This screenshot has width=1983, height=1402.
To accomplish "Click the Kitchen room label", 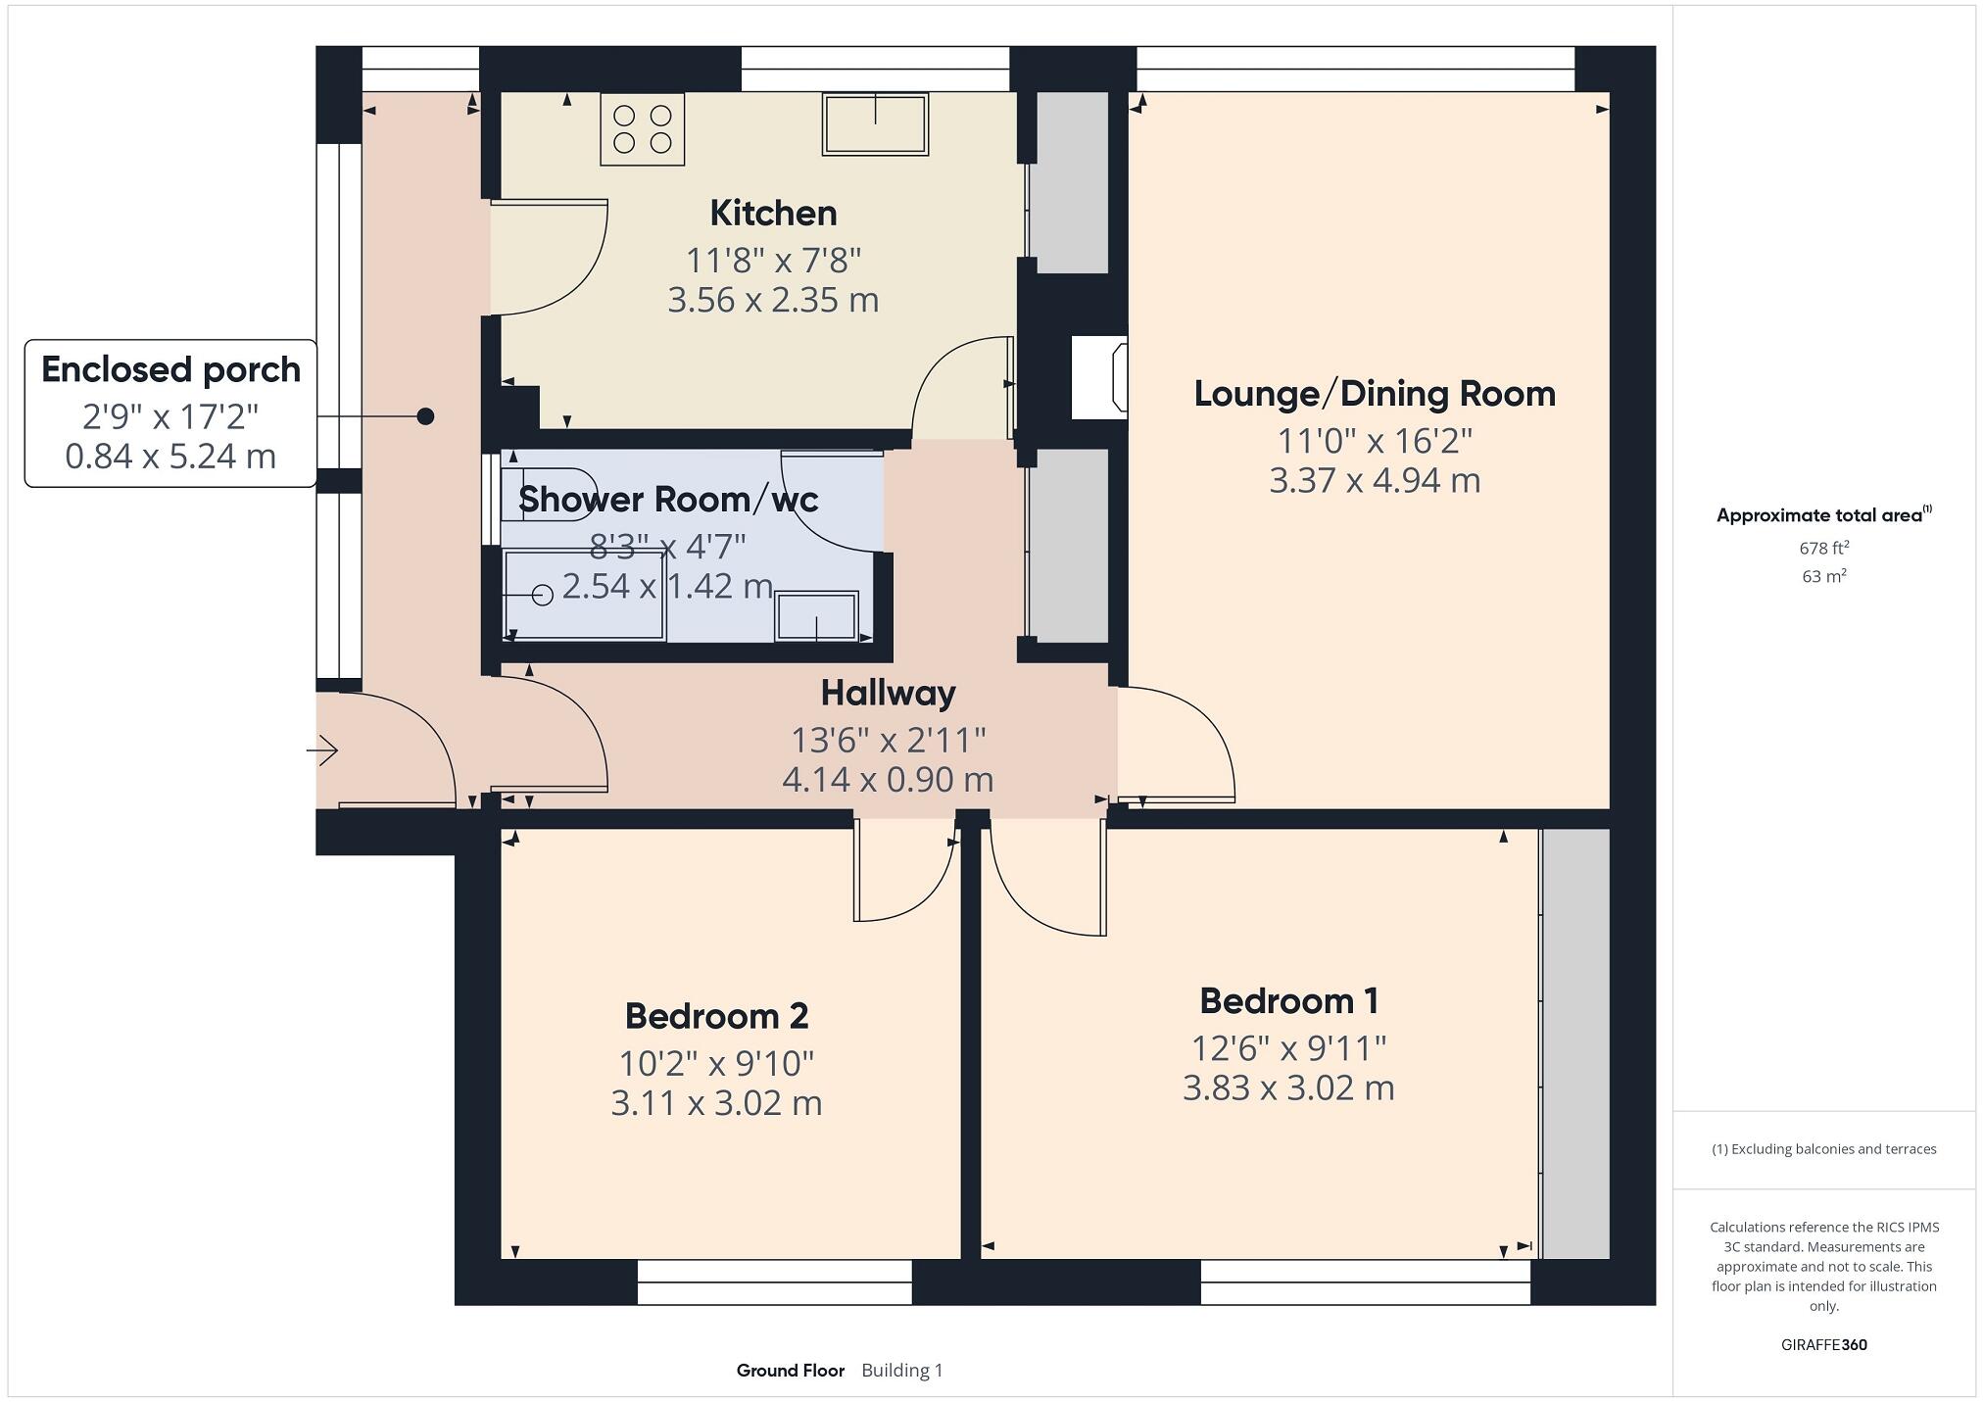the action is click(x=773, y=214).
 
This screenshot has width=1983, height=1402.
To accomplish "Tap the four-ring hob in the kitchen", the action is click(x=643, y=129).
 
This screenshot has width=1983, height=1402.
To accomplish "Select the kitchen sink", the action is click(x=875, y=124).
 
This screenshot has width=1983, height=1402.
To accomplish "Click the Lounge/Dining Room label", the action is click(x=1375, y=394).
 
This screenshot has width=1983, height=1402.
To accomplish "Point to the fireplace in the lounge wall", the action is click(x=1099, y=377).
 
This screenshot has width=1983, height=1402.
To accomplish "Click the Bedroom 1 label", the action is click(x=1288, y=1001).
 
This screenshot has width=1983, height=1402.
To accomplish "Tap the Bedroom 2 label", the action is click(x=716, y=1016).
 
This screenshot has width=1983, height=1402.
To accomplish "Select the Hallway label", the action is click(x=888, y=694).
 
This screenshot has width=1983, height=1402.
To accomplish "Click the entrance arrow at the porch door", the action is click(x=322, y=751).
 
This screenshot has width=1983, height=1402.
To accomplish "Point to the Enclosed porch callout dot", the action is click(x=425, y=416).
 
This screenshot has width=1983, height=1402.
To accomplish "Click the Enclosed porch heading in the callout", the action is click(x=170, y=370).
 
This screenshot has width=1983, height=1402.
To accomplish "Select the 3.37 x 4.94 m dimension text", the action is click(x=1375, y=481).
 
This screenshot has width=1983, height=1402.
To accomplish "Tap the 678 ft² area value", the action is click(x=1823, y=548).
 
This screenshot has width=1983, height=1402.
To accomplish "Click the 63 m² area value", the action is click(x=1823, y=576).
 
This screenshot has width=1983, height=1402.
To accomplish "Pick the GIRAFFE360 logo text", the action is click(x=1823, y=1345).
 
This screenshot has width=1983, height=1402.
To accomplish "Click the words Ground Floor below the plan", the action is click(x=790, y=1371).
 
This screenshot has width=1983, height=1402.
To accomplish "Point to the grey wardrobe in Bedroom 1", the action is click(x=1575, y=1043).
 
